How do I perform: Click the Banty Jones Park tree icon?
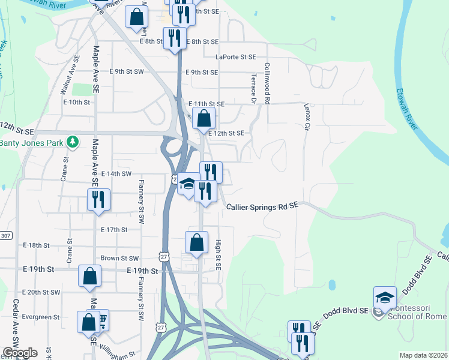73,142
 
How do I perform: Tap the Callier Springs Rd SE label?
262,206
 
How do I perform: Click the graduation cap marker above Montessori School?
385,298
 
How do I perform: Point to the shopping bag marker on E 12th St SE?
204,118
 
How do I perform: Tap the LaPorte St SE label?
236,57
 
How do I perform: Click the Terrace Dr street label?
253,89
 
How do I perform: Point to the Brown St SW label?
119,258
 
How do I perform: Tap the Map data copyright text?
424,355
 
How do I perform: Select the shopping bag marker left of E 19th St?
89,277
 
